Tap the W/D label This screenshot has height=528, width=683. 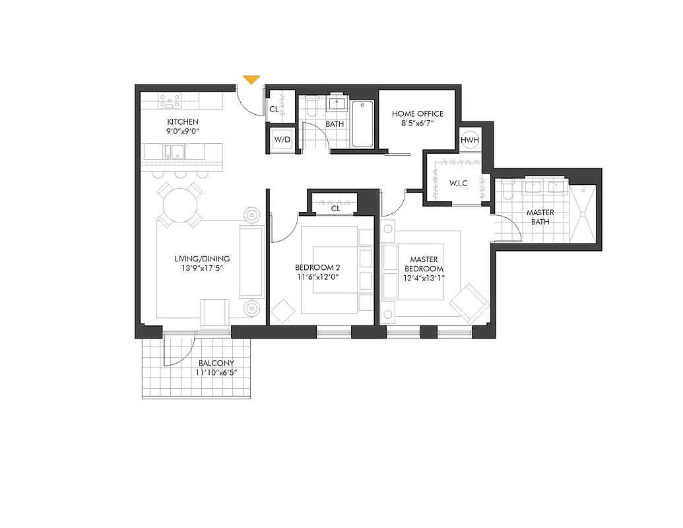[x=282, y=140]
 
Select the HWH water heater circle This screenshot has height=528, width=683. [x=470, y=140]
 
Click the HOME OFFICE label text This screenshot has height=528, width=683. [x=418, y=114]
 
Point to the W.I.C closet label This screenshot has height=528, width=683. [x=458, y=183]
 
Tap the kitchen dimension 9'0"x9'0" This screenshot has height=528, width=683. [x=183, y=131]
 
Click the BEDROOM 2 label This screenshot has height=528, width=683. [x=317, y=267]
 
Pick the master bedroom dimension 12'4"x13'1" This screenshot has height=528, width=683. [x=424, y=278]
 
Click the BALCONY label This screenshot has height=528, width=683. [x=216, y=363]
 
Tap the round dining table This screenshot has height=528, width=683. [x=179, y=204]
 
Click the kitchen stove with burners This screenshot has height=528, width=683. [x=170, y=101]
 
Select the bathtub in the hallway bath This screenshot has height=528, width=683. [x=362, y=123]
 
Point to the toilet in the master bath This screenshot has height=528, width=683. [x=507, y=190]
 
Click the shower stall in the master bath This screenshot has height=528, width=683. [x=584, y=213]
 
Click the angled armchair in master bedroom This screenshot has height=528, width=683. [x=469, y=302]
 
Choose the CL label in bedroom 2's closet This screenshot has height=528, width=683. [x=335, y=209]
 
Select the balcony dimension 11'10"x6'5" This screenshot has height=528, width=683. [x=216, y=373]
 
